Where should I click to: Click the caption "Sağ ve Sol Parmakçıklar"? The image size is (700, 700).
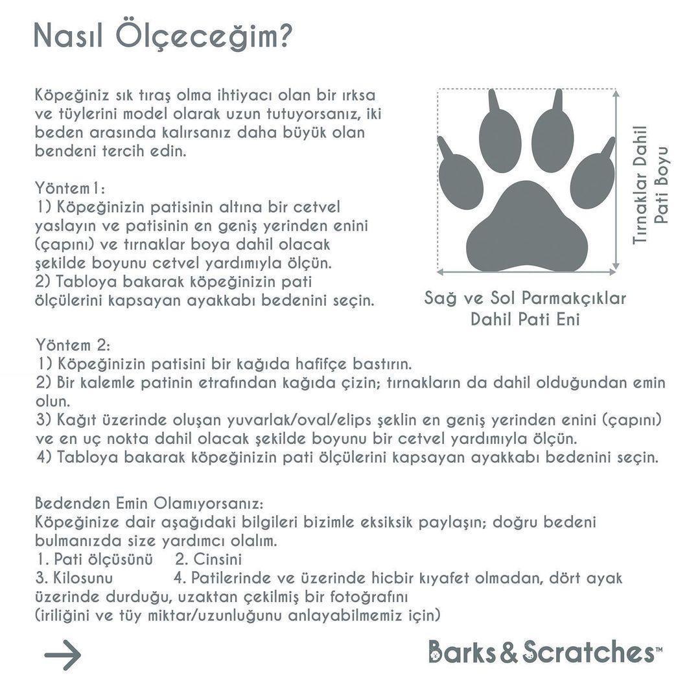coord(525,298)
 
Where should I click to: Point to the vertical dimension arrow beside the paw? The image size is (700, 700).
coord(618,180)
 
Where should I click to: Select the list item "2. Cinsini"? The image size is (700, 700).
coord(209,559)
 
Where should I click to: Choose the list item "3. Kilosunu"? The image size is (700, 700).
coord(75,577)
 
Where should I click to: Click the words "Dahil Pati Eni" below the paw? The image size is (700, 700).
coord(525,320)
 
